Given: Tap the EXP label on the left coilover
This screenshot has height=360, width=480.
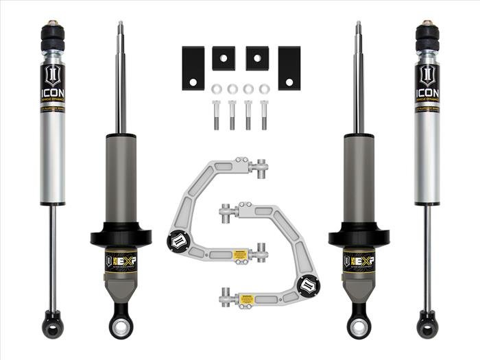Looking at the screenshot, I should click(x=121, y=261).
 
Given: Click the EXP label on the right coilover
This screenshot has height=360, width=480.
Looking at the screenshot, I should click(x=359, y=261).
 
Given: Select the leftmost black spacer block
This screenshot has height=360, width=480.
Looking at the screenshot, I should click(x=193, y=68).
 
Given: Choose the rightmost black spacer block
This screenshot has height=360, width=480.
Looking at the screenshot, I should click(x=289, y=68).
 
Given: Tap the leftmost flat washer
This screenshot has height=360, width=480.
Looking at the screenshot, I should click(x=215, y=88).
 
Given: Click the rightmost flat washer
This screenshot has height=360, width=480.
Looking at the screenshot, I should click(x=265, y=88).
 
